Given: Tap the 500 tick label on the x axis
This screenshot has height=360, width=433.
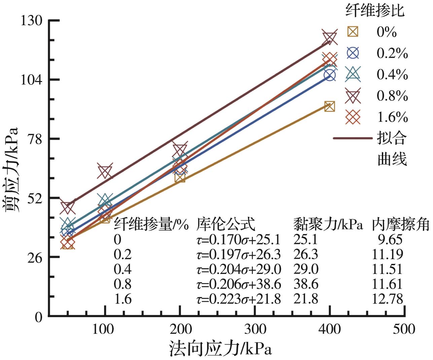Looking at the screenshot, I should click(x=404, y=329).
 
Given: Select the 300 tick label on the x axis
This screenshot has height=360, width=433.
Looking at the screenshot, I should click(x=255, y=329).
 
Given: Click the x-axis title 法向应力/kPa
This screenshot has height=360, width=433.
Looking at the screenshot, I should click(x=220, y=349).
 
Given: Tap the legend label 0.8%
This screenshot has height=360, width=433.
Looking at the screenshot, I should click(x=392, y=96).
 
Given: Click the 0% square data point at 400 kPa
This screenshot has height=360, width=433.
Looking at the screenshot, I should click(x=329, y=107).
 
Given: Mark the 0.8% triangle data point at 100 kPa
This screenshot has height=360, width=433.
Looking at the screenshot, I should click(x=105, y=172).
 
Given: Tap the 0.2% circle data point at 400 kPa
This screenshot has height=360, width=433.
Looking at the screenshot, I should click(x=330, y=75).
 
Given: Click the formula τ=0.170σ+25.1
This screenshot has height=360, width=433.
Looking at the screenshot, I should click(x=238, y=240).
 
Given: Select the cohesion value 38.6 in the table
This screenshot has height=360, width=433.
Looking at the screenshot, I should click(x=305, y=284).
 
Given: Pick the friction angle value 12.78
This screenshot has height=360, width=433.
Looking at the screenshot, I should click(x=387, y=299).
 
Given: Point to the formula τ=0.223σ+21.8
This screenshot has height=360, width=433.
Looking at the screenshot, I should click(x=238, y=299).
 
